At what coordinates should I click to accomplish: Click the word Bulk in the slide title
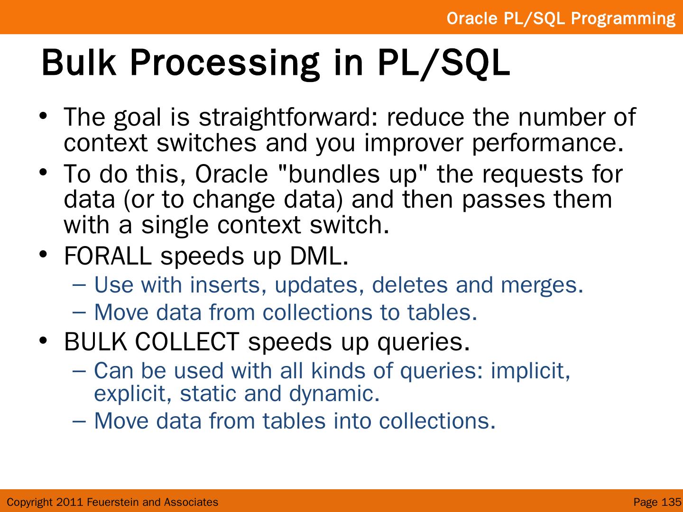point(79,63)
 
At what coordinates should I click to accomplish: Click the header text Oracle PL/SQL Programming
point(561,18)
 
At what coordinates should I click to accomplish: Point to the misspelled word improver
point(414,144)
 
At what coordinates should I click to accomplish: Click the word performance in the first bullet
point(548,144)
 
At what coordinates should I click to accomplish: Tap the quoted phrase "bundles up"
point(353,174)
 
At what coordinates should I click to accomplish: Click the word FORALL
point(108,256)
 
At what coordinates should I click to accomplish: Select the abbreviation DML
point(319,256)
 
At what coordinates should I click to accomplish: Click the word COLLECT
point(187,342)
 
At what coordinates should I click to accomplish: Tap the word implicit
point(531,371)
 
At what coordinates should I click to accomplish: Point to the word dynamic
point(334,394)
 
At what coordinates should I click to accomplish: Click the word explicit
point(133,394)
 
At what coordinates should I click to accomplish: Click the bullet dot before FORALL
point(43,254)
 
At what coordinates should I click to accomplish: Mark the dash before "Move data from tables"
point(79,421)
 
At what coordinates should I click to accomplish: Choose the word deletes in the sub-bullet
point(410,285)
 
